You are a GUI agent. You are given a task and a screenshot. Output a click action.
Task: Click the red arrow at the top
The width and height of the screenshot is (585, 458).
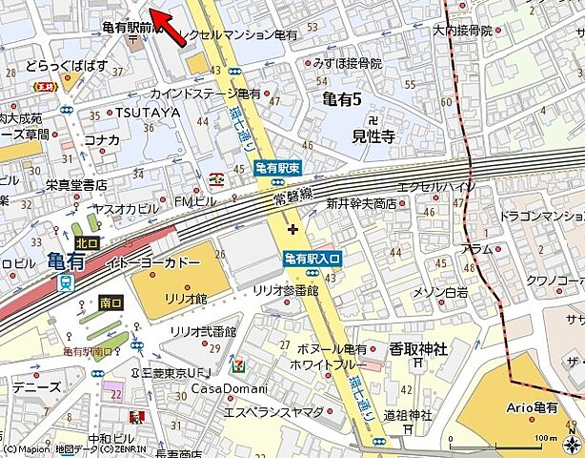pyautogui.click(x=171, y=27)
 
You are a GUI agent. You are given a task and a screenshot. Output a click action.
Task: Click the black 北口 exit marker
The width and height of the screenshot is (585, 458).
pyautogui.click(x=87, y=243)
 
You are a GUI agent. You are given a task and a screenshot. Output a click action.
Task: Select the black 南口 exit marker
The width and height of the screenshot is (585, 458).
pyautogui.click(x=111, y=302)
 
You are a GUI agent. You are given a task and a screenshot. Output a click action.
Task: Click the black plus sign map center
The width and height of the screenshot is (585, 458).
pyautogui.click(x=292, y=229)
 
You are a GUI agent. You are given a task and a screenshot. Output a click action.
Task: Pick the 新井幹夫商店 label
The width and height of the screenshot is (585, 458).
pyautogui.click(x=361, y=203)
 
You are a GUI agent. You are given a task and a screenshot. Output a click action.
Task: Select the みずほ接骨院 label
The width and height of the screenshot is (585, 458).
pyautogui.click(x=348, y=63)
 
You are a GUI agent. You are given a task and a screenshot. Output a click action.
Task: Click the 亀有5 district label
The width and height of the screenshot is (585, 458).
pyautogui.click(x=342, y=96)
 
